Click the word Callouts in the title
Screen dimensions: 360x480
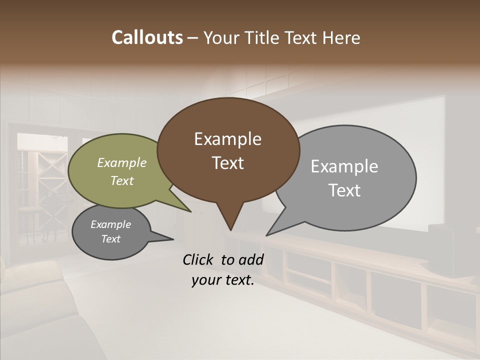[147, 37]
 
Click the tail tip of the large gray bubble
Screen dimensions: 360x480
[267, 234]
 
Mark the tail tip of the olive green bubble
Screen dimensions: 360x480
[190, 211]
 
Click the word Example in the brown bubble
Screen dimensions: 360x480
[228, 139]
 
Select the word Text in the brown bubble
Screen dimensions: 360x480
[228, 163]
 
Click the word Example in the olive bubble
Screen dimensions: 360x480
[122, 162]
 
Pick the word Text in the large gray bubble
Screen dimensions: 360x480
[344, 190]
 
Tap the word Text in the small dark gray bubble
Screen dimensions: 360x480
[111, 239]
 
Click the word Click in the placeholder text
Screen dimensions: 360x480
[198, 259]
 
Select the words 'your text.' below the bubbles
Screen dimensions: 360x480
[223, 280]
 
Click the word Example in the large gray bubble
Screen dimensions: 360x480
[344, 166]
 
